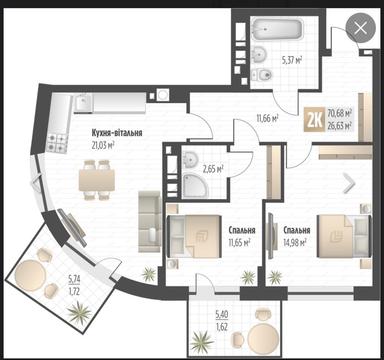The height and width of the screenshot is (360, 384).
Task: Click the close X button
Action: [x=359, y=30]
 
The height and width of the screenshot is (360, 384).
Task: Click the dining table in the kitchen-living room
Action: [x=96, y=180]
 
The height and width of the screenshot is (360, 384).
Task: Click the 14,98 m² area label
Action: [x=294, y=241]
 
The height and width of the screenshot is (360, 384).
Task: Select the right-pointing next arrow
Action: [x=348, y=183]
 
